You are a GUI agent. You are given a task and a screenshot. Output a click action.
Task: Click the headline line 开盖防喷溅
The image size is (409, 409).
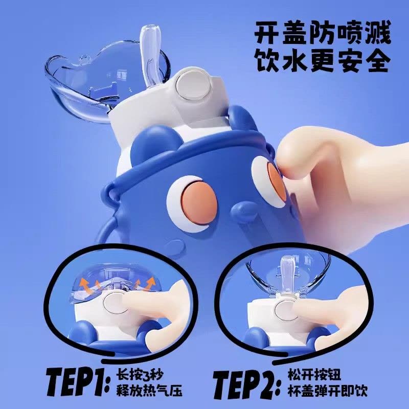coord(323,33)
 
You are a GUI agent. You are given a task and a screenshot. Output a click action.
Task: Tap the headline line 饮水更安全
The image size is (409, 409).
coord(323,61)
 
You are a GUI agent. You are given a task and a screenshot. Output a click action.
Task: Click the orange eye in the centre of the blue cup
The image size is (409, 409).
coord(199,203)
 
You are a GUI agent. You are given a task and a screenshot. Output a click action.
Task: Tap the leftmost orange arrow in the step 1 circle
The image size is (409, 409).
coord(84,284)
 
